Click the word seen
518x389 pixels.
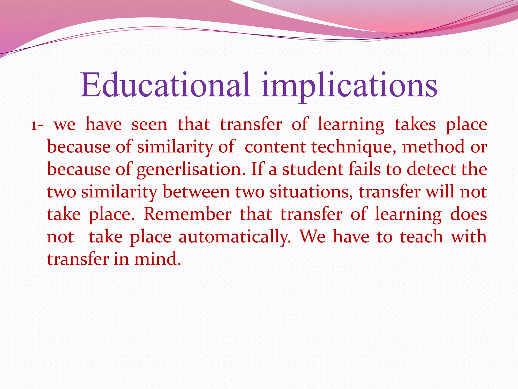pyautogui.click(x=149, y=125)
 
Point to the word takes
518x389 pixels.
pyautogui.click(x=415, y=125)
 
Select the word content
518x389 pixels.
pyautogui.click(x=275, y=147)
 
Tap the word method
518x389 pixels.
pyautogui.click(x=433, y=147)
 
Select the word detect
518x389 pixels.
pyautogui.click(x=431, y=169)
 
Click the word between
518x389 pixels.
pyautogui.click(x=196, y=192)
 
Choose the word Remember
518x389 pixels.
pyautogui.click(x=187, y=214)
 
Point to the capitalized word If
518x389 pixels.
pyautogui.click(x=257, y=169)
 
